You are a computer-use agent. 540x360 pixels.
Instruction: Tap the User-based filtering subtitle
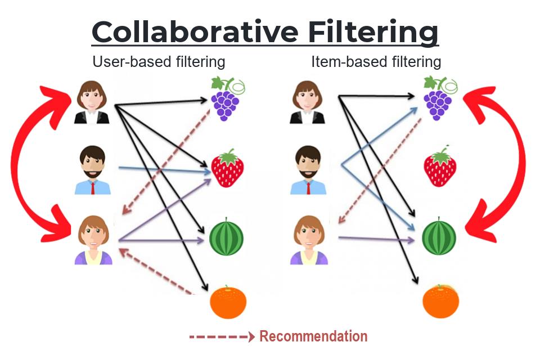(x=159, y=61)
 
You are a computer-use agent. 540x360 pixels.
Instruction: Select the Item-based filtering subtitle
(x=376, y=61)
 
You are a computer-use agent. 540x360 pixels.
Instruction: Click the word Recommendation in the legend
(x=313, y=336)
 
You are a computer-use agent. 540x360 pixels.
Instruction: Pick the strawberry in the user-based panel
(x=227, y=168)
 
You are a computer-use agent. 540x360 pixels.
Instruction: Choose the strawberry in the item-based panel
(x=440, y=167)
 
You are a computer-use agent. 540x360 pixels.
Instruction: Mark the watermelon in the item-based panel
(x=439, y=237)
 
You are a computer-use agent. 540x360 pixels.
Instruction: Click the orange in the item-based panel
(x=440, y=301)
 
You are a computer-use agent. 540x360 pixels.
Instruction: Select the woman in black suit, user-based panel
(x=93, y=102)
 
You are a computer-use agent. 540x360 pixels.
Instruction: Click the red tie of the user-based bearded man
(x=93, y=188)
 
